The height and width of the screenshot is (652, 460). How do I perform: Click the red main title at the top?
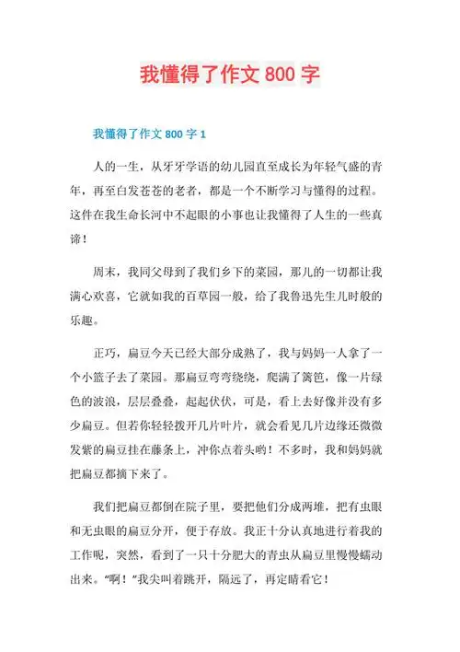coord(230,75)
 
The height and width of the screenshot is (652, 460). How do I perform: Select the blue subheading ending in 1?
coord(142,134)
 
